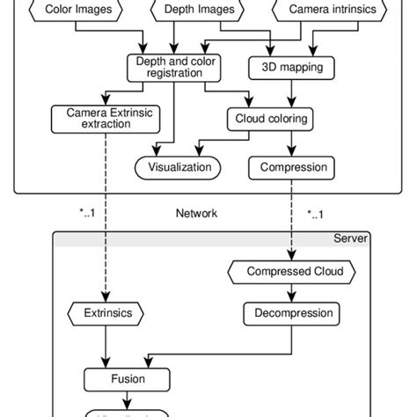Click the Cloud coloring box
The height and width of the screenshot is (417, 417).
point(271,118)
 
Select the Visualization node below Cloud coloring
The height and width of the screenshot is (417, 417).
point(179,165)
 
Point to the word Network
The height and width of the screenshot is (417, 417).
point(198,213)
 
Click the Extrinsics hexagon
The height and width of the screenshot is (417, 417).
point(106,312)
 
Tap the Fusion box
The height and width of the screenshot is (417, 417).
point(128,380)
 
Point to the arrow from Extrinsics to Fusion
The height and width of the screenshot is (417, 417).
point(106,347)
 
